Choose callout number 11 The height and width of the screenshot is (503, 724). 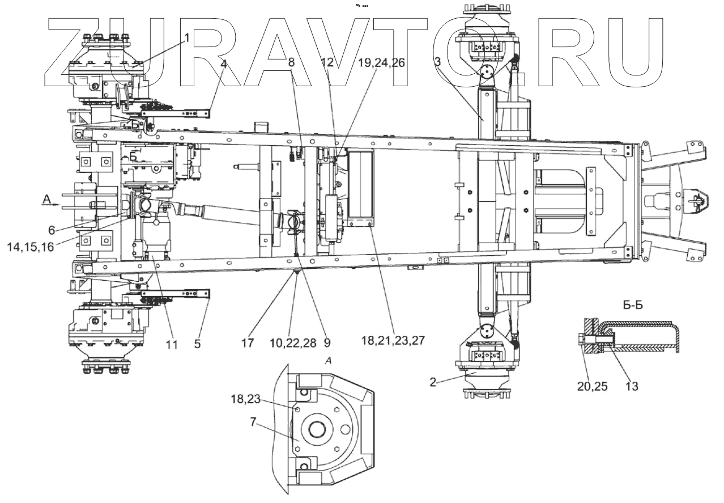pyautogui.click(x=172, y=344)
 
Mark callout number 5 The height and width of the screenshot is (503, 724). pyautogui.click(x=197, y=344)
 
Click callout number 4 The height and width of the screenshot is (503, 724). pyautogui.click(x=224, y=64)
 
